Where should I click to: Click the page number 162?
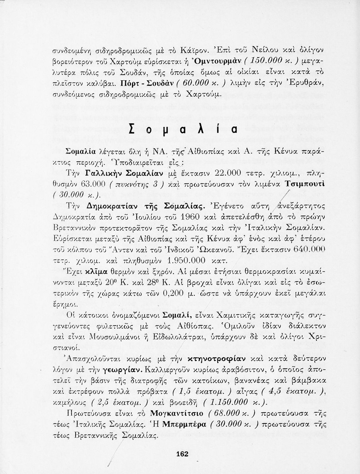pyautogui.click(x=183, y=454)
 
